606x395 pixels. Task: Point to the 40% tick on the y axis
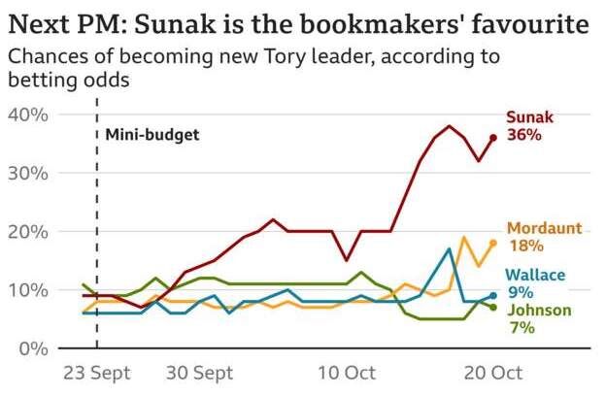[x=28, y=115]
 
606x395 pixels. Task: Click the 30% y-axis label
[x=28, y=173]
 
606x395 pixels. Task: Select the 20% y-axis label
[x=28, y=231]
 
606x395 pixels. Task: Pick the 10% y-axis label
[x=28, y=289]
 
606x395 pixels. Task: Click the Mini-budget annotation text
[x=152, y=135]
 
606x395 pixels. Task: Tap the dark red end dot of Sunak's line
[x=493, y=138]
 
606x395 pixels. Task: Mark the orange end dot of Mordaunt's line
[x=493, y=243]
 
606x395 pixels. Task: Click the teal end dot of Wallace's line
[x=493, y=295]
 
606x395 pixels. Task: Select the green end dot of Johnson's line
[x=493, y=307]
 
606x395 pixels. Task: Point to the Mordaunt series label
[x=545, y=228]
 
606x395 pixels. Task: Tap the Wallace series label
[x=534, y=276]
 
